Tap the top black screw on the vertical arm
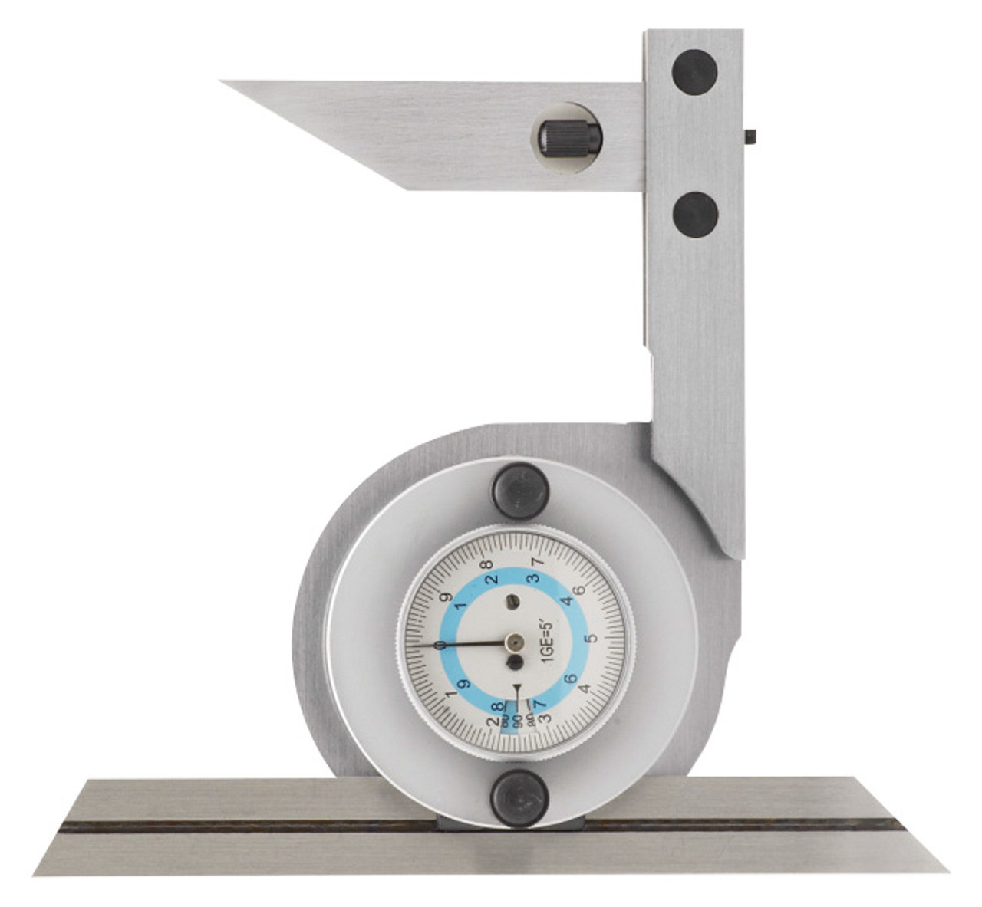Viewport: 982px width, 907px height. point(694,71)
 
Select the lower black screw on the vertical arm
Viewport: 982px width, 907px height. point(695,215)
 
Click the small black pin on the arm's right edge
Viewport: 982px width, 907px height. point(750,137)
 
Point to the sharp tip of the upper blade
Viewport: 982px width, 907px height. point(224,81)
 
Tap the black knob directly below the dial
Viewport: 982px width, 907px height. point(519,799)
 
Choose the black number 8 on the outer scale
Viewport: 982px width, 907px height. point(486,564)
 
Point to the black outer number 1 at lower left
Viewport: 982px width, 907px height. point(451,695)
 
